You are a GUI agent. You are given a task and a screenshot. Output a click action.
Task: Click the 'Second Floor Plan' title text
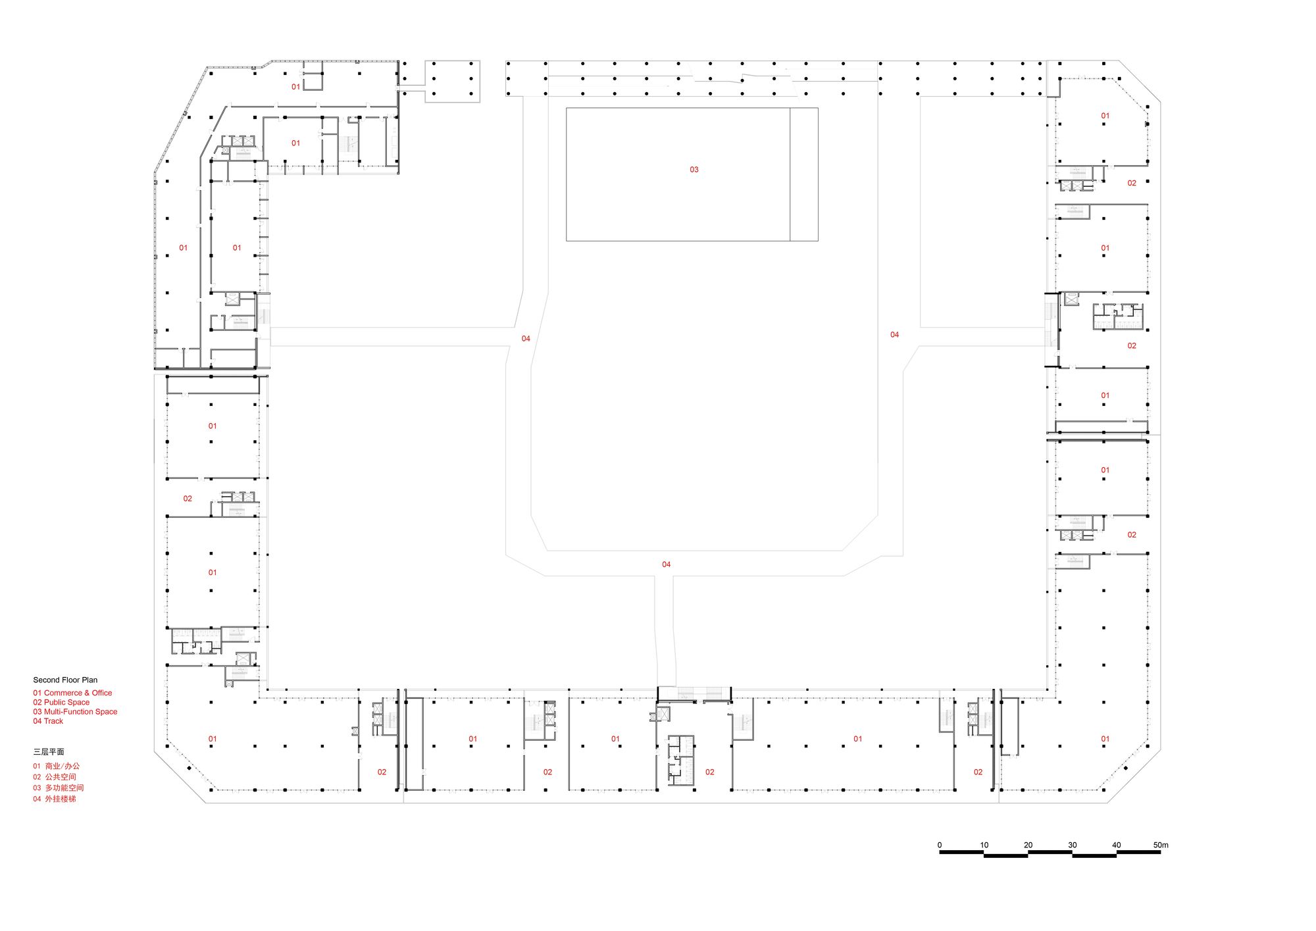pyautogui.click(x=65, y=680)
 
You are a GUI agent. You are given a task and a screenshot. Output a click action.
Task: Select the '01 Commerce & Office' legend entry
pyautogui.click(x=72, y=693)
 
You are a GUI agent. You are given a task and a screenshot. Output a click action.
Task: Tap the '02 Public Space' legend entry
pyautogui.click(x=61, y=702)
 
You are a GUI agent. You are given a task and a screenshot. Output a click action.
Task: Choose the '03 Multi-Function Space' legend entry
pyautogui.click(x=75, y=711)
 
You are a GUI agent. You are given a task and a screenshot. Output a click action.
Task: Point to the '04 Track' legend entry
pyautogui.click(x=48, y=721)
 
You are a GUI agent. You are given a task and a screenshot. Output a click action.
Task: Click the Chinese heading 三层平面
pyautogui.click(x=49, y=751)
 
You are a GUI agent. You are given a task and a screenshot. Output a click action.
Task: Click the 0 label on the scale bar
pyautogui.click(x=940, y=845)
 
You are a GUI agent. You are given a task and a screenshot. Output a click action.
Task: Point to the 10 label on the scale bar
pyautogui.click(x=984, y=845)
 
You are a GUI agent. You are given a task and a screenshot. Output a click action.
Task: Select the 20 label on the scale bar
pyautogui.click(x=1028, y=845)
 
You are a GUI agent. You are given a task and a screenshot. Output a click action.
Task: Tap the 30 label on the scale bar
pyautogui.click(x=1073, y=845)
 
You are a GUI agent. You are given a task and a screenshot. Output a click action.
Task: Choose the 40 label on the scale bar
pyautogui.click(x=1117, y=845)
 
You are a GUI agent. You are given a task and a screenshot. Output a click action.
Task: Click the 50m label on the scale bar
pyautogui.click(x=1161, y=845)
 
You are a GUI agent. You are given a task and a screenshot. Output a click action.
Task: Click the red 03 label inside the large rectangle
pyautogui.click(x=694, y=170)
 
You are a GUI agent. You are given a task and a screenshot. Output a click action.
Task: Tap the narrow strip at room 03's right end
pyautogui.click(x=804, y=174)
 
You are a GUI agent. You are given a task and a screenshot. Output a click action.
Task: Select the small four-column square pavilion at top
pyautogui.click(x=452, y=81)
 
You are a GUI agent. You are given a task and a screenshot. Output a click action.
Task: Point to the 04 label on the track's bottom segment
pyautogui.click(x=667, y=565)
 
